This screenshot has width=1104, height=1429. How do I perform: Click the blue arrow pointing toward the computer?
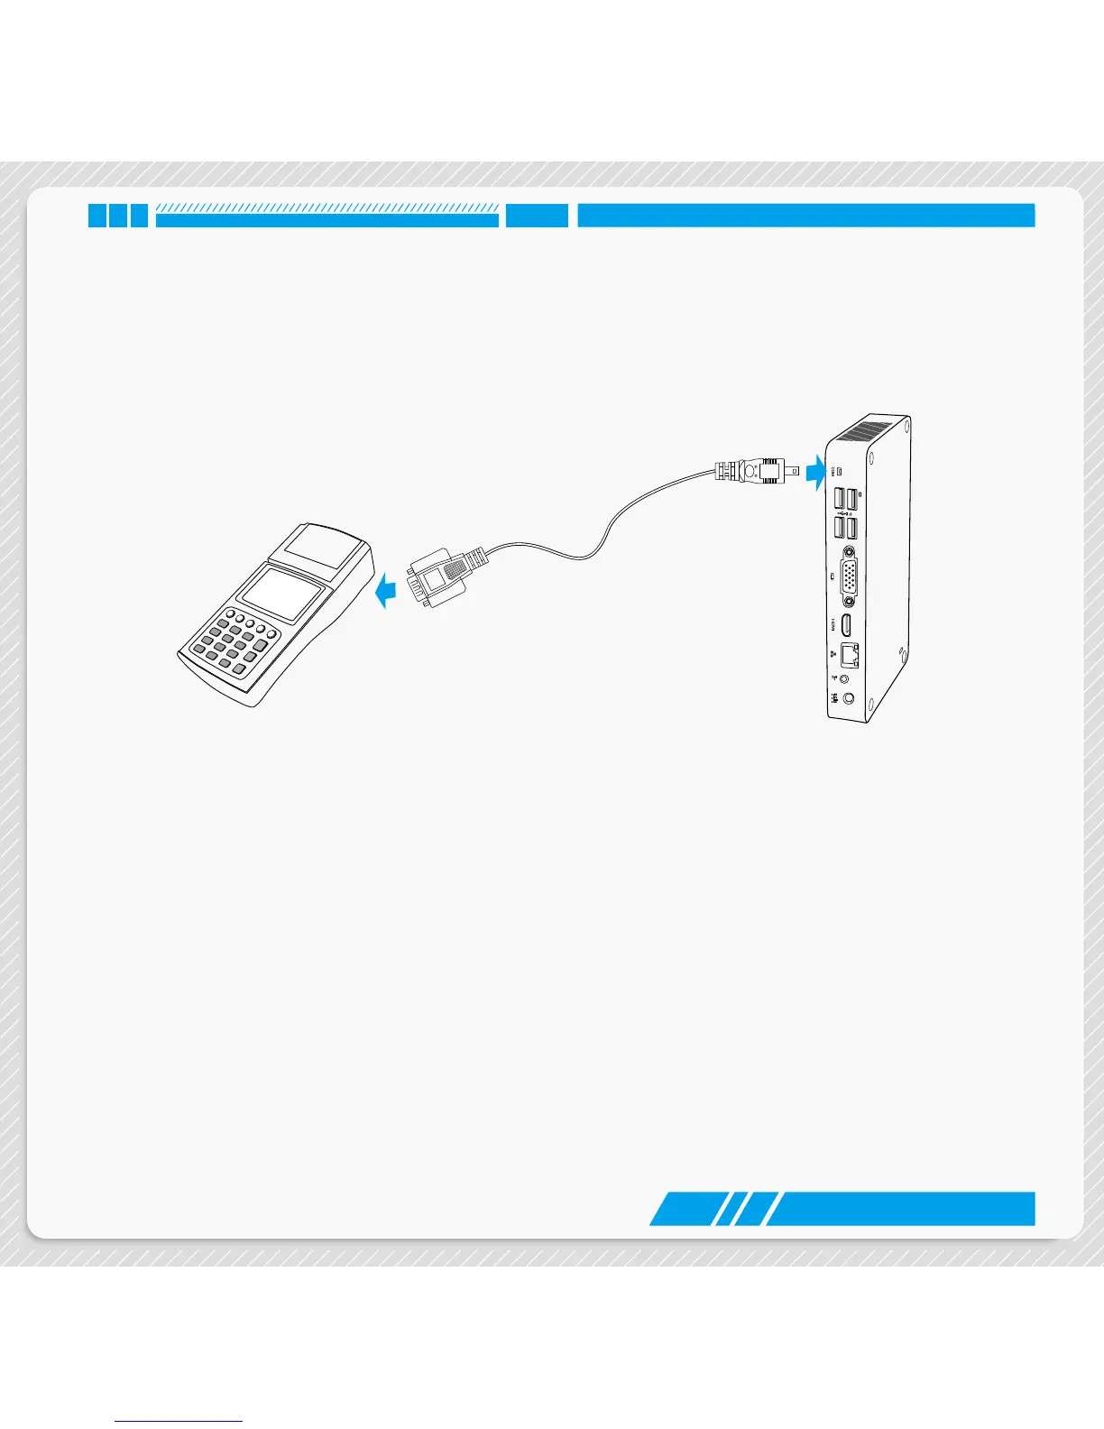tap(816, 472)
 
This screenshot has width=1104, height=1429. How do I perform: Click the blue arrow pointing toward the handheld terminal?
tap(386, 592)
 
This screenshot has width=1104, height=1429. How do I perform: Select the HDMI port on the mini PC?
tap(846, 625)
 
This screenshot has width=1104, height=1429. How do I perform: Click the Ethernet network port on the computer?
tap(849, 655)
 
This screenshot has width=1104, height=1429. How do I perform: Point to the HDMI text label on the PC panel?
tap(831, 623)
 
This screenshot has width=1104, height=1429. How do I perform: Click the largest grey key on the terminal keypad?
tap(261, 647)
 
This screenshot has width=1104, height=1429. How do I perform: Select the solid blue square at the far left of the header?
tap(97, 216)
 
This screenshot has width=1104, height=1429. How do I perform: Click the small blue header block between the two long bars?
tap(537, 216)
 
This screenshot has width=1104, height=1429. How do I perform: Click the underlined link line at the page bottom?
tap(179, 1421)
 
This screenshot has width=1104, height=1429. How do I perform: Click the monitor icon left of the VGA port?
tap(831, 575)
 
